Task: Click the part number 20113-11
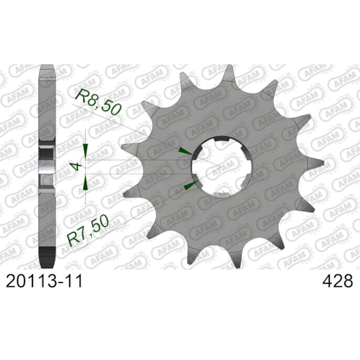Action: pos(44,281)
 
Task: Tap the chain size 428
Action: pos(337,281)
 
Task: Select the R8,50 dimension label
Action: pos(98,102)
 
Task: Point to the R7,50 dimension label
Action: pos(88,230)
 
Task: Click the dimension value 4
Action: pos(77,166)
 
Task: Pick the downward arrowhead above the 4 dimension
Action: pos(85,151)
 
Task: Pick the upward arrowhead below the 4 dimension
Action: pos(85,182)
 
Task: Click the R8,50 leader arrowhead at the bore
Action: pos(185,151)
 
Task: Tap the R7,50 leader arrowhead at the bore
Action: pos(191,185)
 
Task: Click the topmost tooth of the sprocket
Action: pos(229,73)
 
